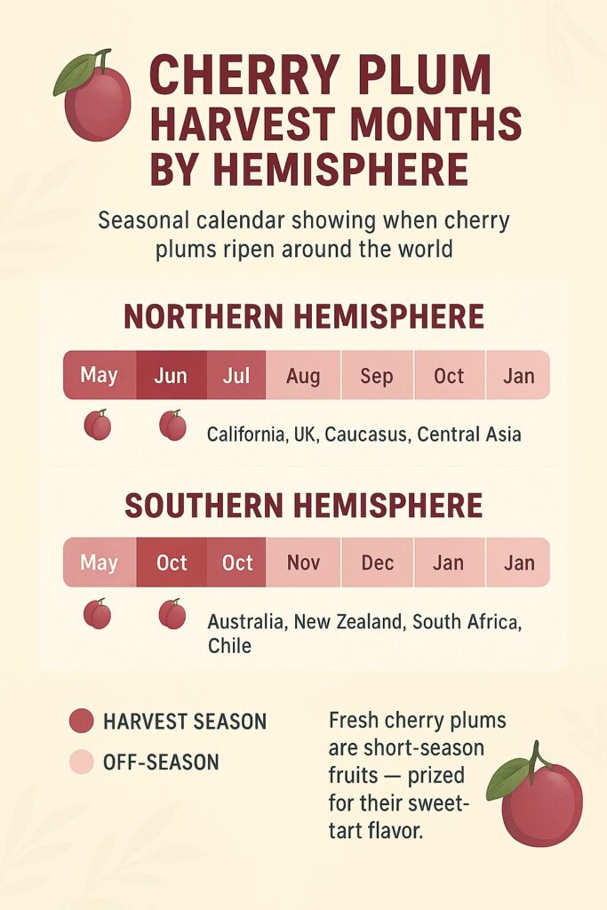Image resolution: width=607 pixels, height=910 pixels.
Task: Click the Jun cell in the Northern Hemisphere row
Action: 171,375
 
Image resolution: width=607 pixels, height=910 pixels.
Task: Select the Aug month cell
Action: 303,375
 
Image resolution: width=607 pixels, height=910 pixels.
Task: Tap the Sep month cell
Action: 377,375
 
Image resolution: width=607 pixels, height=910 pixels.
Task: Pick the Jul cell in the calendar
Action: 236,375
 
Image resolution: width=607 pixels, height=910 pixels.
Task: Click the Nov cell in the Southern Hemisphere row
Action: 303,563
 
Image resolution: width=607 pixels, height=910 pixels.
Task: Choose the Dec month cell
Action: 377,563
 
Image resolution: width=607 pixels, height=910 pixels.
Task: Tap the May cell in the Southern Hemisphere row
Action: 99,563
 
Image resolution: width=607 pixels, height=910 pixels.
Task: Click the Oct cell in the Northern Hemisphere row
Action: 449,375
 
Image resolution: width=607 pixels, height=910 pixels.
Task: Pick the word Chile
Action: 229,646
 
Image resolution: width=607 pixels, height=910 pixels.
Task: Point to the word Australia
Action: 245,622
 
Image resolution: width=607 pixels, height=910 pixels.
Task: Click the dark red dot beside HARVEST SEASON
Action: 81,721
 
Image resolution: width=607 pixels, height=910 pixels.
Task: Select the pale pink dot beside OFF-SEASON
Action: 81,762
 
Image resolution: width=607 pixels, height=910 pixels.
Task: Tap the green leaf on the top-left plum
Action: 75,76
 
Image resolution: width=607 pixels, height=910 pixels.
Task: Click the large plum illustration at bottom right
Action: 542,804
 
